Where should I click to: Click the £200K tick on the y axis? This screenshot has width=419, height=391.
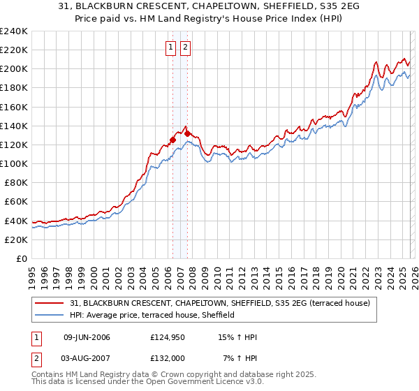14,69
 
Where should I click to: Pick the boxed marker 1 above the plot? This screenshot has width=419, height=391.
171,47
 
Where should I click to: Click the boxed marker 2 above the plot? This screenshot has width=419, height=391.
185,47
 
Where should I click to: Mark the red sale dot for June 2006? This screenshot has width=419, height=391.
172,140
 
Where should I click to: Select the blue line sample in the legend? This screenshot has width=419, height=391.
50,315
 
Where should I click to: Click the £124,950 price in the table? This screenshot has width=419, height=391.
167,337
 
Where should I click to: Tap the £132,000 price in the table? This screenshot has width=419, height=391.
167,357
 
